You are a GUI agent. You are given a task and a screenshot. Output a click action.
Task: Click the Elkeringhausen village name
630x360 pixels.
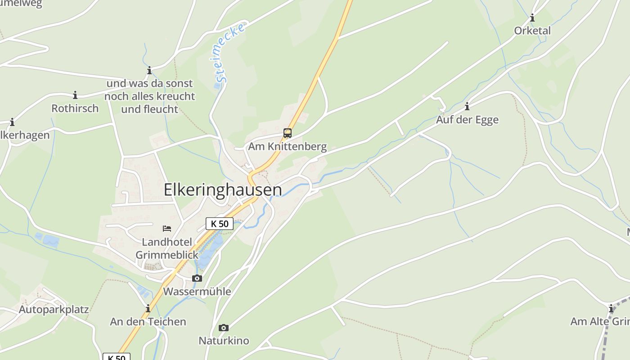coord(223,190)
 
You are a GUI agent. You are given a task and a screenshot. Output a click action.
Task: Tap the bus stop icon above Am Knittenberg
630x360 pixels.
coord(288,133)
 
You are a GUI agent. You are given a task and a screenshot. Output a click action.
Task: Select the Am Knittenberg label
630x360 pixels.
coord(288,147)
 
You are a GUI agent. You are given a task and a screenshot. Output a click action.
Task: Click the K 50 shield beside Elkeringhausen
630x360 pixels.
coord(220,223)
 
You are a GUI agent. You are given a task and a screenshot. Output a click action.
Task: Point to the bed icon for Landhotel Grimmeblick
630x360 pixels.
coord(167,229)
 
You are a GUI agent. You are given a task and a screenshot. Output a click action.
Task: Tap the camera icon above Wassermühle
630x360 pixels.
coord(197,279)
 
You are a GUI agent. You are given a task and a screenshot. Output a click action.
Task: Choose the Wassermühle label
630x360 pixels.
coord(197,292)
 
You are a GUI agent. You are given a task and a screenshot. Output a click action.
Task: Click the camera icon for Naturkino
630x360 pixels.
coord(224,328)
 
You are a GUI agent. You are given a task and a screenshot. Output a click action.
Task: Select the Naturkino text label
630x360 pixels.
coord(224,341)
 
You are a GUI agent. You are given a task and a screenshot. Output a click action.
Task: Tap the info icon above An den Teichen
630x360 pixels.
coord(148,308)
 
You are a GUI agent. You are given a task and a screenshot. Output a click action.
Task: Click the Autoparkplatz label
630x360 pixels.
coord(54,310)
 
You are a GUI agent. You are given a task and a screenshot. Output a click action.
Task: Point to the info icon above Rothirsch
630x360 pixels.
coord(75,95)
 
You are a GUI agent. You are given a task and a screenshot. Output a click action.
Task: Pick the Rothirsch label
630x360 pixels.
coord(75,108)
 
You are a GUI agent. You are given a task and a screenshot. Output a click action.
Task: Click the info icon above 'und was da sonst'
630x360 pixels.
coord(149,71)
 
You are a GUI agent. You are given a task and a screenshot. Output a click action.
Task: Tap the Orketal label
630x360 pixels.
coord(532,31)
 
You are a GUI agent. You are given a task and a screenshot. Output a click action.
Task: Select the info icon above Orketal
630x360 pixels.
coord(532,18)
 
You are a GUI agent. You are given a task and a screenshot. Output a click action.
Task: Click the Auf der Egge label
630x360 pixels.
coord(467,120)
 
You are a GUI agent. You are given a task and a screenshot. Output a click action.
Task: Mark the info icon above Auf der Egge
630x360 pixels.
coord(467,107)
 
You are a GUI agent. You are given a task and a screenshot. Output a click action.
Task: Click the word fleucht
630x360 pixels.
coord(161,109)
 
